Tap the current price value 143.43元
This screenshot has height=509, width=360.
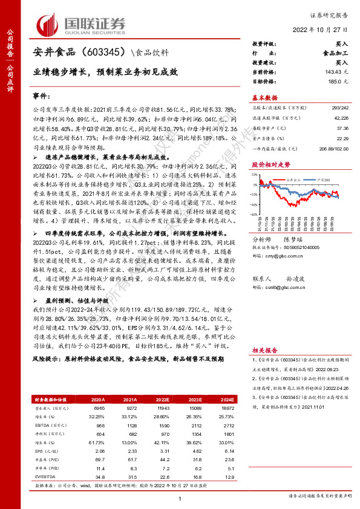point(336,72)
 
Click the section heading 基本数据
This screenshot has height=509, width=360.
point(264,97)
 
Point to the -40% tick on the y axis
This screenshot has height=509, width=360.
point(258,206)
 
